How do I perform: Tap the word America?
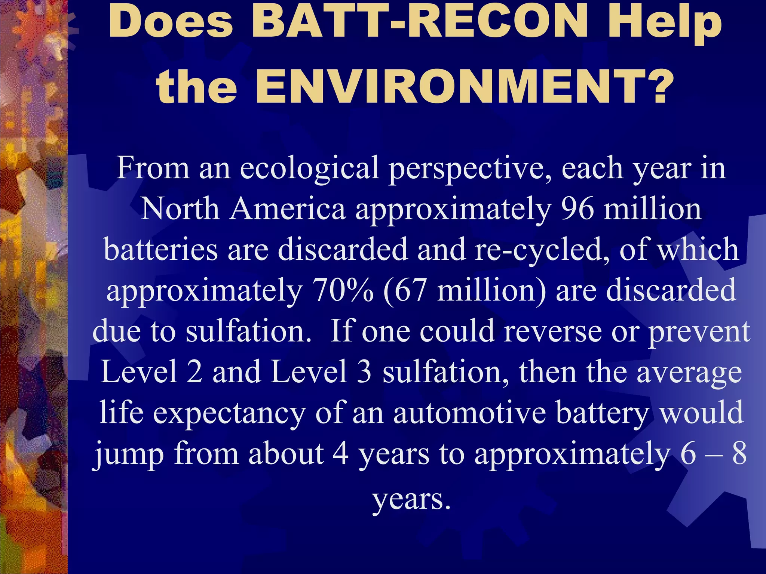[288, 209]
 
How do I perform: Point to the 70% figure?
[343, 291]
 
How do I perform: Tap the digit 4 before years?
[340, 454]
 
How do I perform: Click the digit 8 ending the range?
[739, 454]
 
